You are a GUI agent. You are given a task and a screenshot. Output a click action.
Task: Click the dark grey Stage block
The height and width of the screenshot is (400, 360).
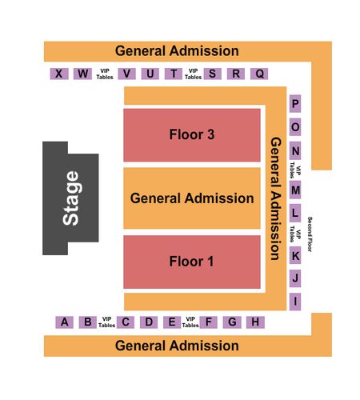coord(70,198)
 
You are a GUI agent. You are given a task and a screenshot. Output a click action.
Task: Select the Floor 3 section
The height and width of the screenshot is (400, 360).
coord(192,135)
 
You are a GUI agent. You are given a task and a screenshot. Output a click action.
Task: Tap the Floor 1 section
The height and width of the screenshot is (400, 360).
coord(192,262)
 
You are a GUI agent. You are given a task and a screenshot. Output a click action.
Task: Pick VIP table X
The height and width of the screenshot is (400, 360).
coord(59,74)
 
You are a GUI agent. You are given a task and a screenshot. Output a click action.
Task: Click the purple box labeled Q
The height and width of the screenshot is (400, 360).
coord(259,74)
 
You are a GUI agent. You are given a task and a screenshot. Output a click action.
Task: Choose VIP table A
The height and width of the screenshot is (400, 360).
coord(64,322)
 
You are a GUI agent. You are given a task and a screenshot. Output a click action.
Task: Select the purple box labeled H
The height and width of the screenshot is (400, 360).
coord(255,322)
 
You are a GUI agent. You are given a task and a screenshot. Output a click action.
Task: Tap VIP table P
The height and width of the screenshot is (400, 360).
coord(295,103)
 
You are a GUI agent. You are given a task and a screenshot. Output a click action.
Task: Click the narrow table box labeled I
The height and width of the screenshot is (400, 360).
coord(295,302)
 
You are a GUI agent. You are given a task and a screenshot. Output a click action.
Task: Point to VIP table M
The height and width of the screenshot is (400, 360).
coord(295,190)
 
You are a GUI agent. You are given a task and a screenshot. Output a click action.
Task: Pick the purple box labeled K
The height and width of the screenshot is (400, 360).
coord(295,255)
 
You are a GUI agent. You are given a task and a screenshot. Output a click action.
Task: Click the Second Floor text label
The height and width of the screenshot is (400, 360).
coord(310,234)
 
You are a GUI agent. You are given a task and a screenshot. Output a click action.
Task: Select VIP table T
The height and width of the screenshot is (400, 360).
coord(174,74)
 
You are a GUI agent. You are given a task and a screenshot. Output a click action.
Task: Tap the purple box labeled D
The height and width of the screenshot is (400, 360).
coord(149,322)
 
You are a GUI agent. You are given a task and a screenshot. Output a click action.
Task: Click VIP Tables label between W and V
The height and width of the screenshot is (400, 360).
coord(105,74)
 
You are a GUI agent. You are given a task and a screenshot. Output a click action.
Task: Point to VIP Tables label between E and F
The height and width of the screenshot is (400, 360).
coord(190,322)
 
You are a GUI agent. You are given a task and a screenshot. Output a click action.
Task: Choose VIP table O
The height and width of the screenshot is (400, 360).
coord(295,127)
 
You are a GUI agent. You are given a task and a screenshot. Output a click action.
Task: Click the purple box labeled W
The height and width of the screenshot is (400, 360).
coord(83,74)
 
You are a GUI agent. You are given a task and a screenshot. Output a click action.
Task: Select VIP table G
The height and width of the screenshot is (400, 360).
coord(232,322)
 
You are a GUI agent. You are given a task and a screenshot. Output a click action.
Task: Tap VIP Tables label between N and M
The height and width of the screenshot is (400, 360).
coord(295,170)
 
